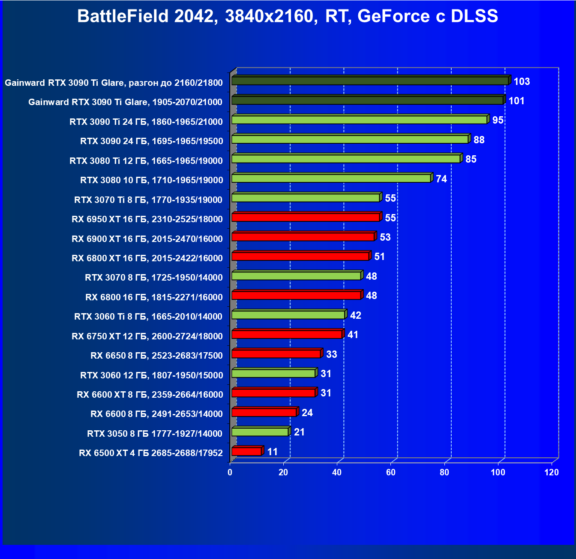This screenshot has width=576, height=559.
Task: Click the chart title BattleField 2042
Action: [288, 16]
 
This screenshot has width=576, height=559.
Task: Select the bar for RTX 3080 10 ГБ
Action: [331, 178]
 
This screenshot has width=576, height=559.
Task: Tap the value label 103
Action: [522, 82]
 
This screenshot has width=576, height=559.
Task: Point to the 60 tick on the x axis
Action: [391, 472]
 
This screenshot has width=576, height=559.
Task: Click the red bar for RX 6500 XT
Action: [246, 452]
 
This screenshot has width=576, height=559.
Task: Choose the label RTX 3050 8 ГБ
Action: [155, 433]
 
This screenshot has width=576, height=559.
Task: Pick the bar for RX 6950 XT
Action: [306, 218]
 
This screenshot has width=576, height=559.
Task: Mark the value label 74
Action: [441, 179]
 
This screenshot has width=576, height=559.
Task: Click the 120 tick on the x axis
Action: [552, 472]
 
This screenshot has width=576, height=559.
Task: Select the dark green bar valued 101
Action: [367, 100]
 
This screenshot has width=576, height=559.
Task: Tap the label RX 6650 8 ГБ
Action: [156, 356]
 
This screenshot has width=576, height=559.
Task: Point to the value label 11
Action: [273, 452]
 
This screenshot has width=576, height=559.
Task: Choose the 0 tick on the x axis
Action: [230, 472]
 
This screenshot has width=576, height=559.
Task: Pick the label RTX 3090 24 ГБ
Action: [152, 141]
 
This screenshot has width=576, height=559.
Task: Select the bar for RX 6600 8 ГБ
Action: [264, 413]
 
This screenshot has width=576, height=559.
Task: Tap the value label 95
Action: [498, 120]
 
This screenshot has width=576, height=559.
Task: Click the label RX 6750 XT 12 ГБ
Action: [147, 336]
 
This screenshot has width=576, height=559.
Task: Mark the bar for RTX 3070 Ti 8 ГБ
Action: [306, 198]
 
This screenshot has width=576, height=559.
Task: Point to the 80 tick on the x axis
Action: [444, 472]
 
